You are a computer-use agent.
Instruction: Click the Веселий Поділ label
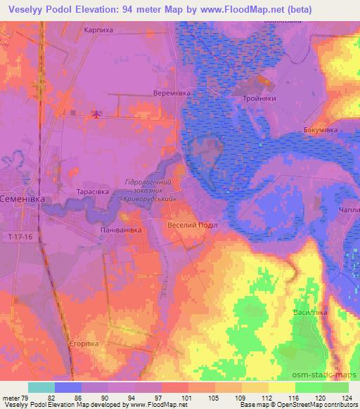193,226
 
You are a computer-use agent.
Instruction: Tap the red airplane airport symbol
96,115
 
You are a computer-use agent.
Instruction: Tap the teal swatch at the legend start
41,387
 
